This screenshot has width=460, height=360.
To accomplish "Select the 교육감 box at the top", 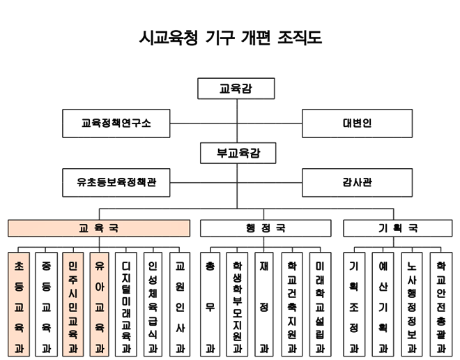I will (236, 89).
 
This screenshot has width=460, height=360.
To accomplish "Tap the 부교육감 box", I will (236, 153).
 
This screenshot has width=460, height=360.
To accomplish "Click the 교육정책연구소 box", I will (116, 123).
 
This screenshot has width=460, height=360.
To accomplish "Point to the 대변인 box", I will (357, 123).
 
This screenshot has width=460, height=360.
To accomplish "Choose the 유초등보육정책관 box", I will (116, 183).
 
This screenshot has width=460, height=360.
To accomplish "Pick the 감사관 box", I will (357, 183).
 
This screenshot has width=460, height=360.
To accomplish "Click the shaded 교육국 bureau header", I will (99, 228).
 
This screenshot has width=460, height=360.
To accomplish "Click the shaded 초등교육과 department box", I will (19, 304).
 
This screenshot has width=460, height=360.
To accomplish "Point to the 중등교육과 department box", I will (45, 304).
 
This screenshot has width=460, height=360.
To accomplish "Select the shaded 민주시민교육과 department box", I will (72, 304).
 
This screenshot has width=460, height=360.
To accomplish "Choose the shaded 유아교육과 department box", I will (99, 304).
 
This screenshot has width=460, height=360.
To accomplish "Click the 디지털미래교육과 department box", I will (126, 304).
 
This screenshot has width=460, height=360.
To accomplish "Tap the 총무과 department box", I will (209, 304).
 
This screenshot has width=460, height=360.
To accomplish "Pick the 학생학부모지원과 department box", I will (236, 304).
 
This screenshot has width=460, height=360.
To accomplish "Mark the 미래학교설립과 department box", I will (319, 304).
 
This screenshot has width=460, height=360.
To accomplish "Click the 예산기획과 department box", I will (383, 304).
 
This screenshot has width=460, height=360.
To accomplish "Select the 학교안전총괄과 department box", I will (440, 304).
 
